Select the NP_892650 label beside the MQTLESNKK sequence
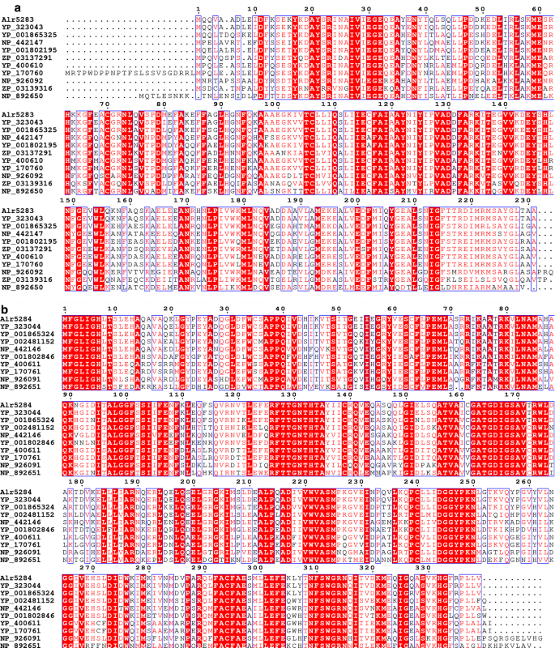[x=22, y=94]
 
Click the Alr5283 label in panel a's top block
[x=17, y=19]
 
